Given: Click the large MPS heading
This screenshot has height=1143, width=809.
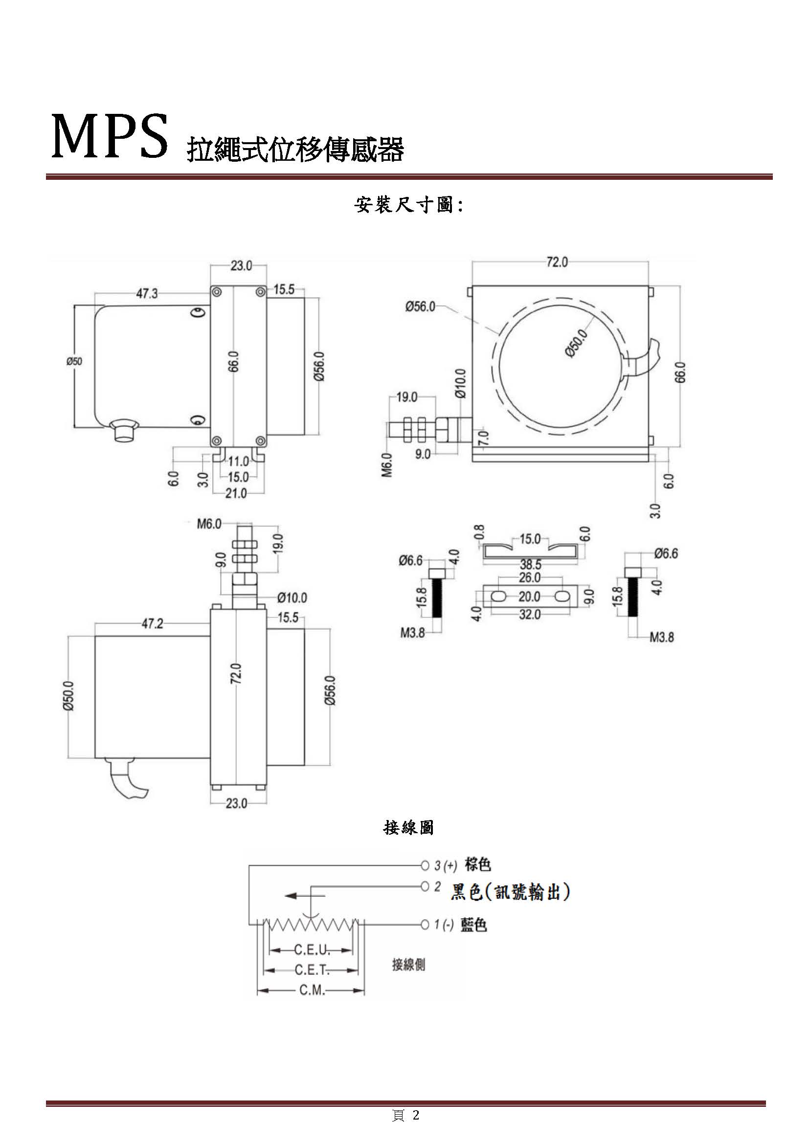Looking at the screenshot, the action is pos(110,136).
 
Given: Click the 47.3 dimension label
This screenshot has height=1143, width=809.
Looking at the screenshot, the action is pos(147,294).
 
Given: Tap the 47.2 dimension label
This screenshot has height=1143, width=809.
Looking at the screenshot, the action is pos(152,624).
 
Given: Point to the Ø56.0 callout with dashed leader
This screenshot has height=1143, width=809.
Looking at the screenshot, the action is pos(420,307).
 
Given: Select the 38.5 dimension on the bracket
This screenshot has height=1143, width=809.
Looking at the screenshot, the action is pos(531,564).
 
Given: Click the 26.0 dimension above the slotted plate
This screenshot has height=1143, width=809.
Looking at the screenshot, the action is pos(530,578).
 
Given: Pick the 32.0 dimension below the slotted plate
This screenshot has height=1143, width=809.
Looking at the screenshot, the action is pos(530,614).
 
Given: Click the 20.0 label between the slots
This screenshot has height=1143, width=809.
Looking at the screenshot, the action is pos(530,596).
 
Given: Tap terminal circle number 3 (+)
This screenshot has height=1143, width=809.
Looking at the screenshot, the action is pos(425,866).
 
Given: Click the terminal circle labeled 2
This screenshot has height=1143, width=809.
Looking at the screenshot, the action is pos(425,886).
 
